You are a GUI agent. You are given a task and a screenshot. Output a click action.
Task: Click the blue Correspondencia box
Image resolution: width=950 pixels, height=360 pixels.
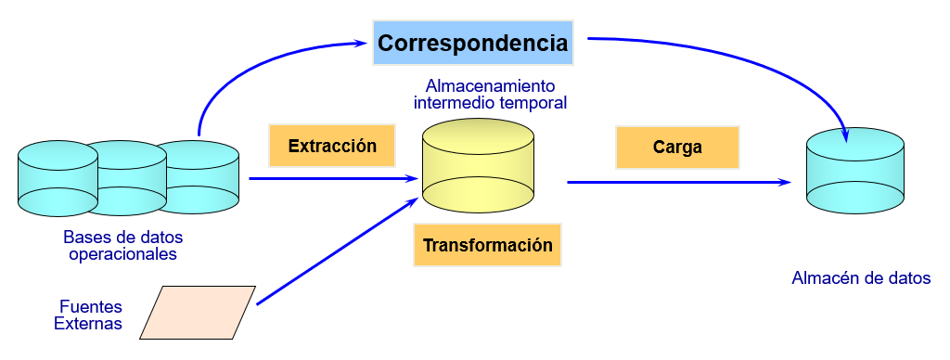tap(472, 43)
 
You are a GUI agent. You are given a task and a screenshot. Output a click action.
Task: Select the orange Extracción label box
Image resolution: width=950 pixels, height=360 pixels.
tap(332, 146)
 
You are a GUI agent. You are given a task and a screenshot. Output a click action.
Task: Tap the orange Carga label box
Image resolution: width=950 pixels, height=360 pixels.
tap(677, 148)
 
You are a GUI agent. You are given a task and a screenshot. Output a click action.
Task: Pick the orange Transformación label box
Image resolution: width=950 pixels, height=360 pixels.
tap(488, 245)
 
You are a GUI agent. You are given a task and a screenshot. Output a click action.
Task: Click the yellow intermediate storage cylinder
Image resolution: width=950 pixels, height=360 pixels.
tap(478, 165)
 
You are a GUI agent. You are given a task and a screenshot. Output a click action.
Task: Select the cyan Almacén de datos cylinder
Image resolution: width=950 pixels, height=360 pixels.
tap(854, 171)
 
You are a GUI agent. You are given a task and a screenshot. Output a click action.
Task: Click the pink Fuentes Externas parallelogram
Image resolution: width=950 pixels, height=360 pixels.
tap(198, 312)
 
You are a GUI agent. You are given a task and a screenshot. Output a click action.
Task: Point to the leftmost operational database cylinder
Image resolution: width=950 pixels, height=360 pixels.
tap(58, 178)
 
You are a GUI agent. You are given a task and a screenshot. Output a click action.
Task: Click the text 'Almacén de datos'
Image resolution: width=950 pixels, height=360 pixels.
tap(861, 278)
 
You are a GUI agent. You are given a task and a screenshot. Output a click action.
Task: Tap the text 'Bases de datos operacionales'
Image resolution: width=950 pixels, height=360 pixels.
tap(123, 245)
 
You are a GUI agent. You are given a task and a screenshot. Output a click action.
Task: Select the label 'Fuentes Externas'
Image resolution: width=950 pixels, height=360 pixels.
tap(88, 315)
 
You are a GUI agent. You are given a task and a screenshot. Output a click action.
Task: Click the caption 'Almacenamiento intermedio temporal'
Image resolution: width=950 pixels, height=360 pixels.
tap(490, 94)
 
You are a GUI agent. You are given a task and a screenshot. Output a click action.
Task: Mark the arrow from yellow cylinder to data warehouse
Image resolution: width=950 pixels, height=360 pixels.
tap(679, 182)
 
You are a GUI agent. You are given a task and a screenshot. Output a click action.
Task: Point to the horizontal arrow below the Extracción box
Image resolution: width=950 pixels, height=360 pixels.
tap(334, 179)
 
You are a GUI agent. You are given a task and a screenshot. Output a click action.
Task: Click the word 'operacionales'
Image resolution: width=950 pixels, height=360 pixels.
tap(123, 254)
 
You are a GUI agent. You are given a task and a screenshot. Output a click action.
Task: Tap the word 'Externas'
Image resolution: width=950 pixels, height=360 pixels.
tap(88, 324)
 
